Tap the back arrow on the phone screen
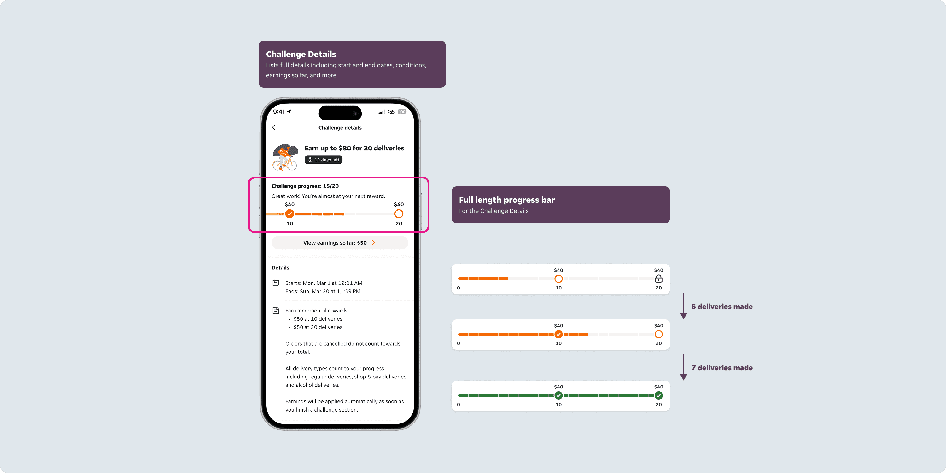[274, 127]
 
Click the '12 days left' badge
[324, 160]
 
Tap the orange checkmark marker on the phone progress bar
[290, 214]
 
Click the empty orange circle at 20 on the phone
[399, 214]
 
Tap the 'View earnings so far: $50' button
[340, 243]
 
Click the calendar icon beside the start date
[276, 283]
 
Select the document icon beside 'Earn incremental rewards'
[276, 311]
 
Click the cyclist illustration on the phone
[285, 157]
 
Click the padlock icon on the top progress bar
[659, 279]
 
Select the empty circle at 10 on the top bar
[558, 279]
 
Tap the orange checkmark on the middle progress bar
[558, 334]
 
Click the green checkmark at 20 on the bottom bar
[659, 395]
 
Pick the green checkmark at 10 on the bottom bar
[558, 395]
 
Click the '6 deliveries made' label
[722, 307]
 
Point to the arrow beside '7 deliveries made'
[683, 367]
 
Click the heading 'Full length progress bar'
[507, 200]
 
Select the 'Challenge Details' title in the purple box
[301, 54]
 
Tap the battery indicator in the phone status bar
[402, 112]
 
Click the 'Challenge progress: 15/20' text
[305, 186]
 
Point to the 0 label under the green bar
[458, 405]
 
